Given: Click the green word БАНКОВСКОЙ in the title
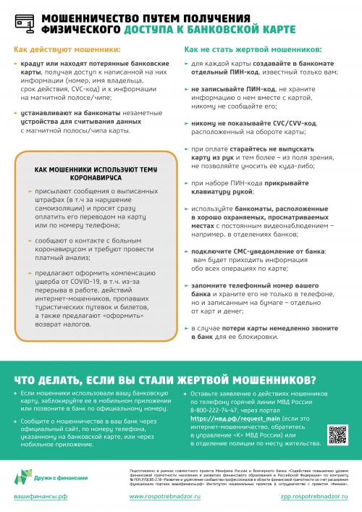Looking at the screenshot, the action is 223,30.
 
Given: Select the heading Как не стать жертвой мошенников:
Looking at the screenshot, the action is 253,51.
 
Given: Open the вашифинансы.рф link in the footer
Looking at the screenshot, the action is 42,498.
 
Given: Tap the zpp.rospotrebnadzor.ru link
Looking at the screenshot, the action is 310,498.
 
